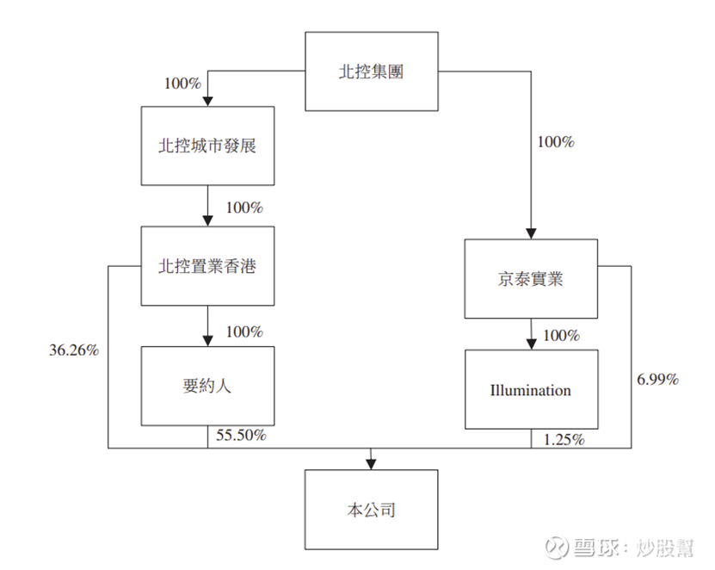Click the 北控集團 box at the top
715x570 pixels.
tap(371, 71)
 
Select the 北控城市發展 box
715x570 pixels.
tap(207, 146)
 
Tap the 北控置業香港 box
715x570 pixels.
tap(207, 266)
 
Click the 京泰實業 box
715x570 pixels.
tap(531, 279)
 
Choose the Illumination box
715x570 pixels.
tap(531, 390)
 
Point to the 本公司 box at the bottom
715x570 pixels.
tap(371, 510)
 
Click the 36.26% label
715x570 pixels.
tap(74, 350)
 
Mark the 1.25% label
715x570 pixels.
tap(564, 440)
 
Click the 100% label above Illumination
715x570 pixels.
tap(562, 335)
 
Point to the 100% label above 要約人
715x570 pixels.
tap(243, 331)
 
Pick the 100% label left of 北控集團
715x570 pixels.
tap(182, 84)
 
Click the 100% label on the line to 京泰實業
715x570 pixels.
tap(555, 141)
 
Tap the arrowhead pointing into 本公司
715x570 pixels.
tap(371, 463)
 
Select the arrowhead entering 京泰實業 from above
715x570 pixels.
tap(531, 233)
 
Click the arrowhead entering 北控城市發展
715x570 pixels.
tap(207, 101)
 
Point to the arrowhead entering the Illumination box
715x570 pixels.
tap(531, 344)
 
